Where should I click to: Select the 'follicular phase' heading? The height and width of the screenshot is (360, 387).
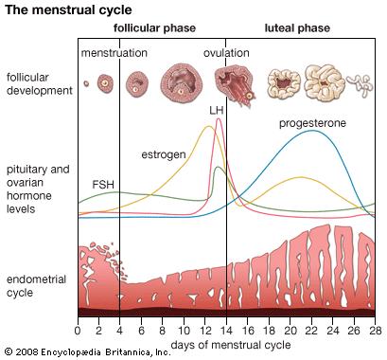pyautogui.click(x=155, y=28)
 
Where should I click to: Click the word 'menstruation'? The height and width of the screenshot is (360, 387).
pyautogui.click(x=114, y=53)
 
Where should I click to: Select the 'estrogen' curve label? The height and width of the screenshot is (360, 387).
pyautogui.click(x=163, y=153)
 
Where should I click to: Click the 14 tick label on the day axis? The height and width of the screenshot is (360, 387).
pyautogui.click(x=226, y=331)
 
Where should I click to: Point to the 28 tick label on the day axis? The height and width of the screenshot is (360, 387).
pyautogui.click(x=375, y=331)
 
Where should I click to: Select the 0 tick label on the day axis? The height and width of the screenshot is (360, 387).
pyautogui.click(x=78, y=331)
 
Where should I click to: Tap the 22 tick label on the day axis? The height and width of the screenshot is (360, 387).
pyautogui.click(x=311, y=331)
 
